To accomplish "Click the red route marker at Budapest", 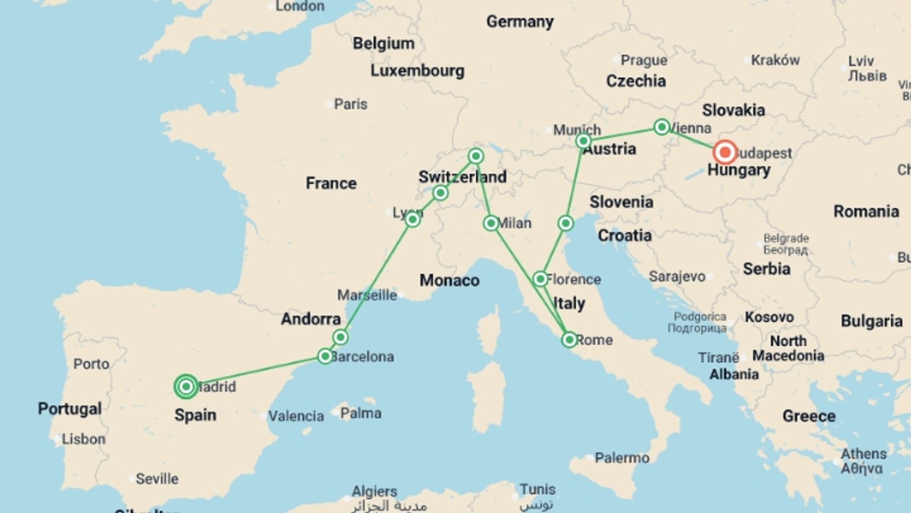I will [725, 152].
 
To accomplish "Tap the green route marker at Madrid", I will [186, 387].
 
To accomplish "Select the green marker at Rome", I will [569, 340].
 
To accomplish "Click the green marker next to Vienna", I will [661, 127].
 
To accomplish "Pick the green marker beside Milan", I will [491, 223].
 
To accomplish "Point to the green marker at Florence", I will [540, 279].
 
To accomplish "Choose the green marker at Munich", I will [583, 141].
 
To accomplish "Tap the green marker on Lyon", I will [412, 219].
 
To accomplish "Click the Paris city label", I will [350, 104].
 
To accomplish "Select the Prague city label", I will [643, 60].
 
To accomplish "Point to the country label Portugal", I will [70, 408].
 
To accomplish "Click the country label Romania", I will [866, 211].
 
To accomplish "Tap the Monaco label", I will [449, 280].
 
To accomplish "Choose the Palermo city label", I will [622, 458].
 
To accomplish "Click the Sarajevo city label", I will [677, 276].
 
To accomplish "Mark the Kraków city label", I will [775, 60].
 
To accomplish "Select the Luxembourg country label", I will [417, 71].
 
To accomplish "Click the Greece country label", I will [809, 416].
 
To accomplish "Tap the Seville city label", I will [157, 478].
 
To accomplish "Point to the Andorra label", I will [311, 319].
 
